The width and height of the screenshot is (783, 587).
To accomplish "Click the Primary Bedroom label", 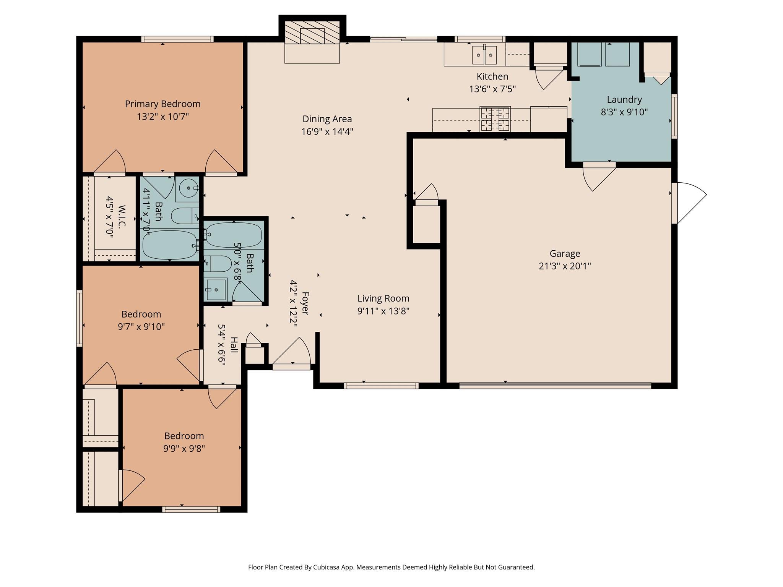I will click(162, 104).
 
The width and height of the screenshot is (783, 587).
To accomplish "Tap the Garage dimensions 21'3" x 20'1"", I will click(565, 266).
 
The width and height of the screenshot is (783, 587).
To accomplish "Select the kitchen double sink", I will click(484, 55).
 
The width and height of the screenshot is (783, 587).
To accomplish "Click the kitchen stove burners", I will click(495, 119).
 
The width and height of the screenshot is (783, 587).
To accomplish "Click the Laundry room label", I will click(624, 100).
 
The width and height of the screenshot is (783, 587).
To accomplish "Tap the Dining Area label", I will click(327, 119).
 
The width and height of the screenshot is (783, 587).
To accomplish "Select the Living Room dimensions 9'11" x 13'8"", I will click(383, 311).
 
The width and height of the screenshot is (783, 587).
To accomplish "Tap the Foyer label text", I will click(305, 303).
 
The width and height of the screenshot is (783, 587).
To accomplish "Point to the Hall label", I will click(234, 345).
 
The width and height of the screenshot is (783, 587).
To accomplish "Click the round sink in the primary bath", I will click(188, 188).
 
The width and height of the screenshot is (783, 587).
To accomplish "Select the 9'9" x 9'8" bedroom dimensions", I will click(184, 448).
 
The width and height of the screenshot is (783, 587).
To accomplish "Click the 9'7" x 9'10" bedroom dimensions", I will click(141, 327).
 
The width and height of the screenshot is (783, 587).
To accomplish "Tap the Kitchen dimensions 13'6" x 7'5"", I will click(492, 89).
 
